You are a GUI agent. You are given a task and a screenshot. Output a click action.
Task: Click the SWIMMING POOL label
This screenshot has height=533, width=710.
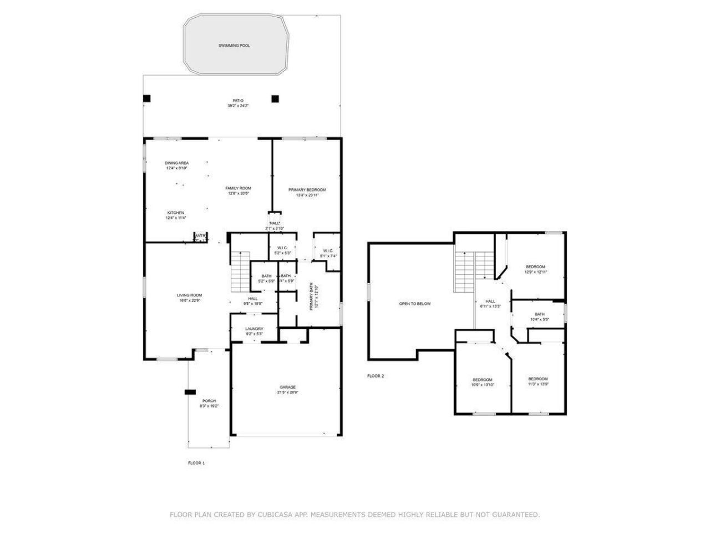click(x=234, y=46)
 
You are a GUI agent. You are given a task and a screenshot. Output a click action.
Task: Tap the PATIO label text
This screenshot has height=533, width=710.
click(x=238, y=100)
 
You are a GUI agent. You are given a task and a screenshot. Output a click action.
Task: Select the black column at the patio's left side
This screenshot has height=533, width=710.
click(x=146, y=99)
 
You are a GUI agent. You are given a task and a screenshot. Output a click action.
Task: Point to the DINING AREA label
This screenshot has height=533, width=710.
click(x=176, y=163)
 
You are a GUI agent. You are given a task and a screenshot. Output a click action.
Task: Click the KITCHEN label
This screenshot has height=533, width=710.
click(x=176, y=213)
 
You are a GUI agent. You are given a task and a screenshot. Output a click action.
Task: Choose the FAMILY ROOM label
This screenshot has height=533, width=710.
click(x=238, y=188)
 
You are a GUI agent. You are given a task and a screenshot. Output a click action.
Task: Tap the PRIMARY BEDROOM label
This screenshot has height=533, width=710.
click(x=307, y=190)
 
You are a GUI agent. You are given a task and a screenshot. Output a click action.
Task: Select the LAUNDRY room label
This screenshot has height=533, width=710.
click(x=254, y=329)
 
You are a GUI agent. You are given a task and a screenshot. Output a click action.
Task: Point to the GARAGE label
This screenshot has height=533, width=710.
click(x=287, y=387)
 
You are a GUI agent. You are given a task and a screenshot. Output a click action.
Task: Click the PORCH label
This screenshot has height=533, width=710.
click(x=209, y=401)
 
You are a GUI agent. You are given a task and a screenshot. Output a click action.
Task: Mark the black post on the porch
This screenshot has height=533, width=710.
click(x=190, y=392)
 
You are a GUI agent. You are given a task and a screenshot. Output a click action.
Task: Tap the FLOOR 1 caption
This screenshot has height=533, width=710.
click(x=196, y=462)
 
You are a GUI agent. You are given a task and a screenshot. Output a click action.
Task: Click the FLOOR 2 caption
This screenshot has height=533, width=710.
click(x=376, y=376)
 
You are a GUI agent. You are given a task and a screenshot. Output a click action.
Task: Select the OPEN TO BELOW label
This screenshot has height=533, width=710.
click(x=415, y=304)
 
